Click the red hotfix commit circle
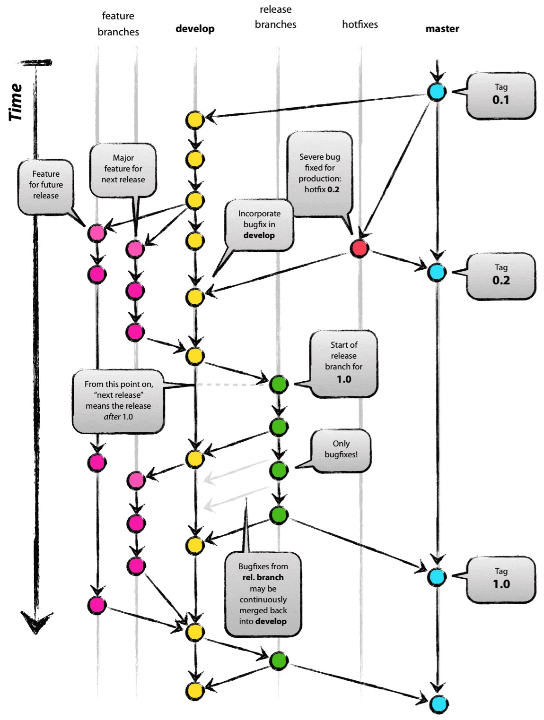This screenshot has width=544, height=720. (359, 248)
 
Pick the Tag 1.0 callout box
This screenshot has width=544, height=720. (500, 579)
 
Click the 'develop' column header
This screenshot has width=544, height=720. (195, 29)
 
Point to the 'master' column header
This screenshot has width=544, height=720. (442, 29)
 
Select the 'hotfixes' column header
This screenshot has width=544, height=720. (360, 25)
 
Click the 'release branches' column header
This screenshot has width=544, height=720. (275, 17)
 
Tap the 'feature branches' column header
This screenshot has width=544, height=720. (118, 24)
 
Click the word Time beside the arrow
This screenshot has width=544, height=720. (16, 102)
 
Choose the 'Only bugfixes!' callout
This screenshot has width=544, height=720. (341, 450)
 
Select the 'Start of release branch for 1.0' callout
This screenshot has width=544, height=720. (344, 362)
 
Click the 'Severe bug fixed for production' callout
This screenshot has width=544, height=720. (320, 173)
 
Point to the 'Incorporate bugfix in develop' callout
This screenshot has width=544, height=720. (259, 224)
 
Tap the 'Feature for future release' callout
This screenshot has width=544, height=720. (46, 185)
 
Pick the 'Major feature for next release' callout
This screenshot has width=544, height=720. (123, 169)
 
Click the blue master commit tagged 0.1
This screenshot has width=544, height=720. (437, 92)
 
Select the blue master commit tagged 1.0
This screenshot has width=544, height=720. (437, 577)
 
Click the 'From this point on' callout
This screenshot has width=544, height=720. (118, 401)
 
